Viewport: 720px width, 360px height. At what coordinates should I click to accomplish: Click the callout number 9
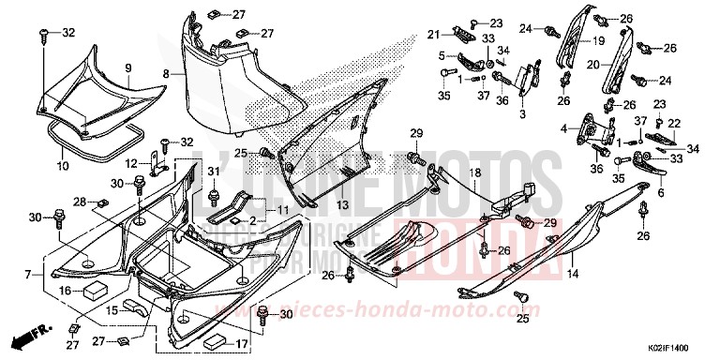pyautogui.click(x=128, y=67)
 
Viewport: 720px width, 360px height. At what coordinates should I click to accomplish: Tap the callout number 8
pyautogui.click(x=165, y=72)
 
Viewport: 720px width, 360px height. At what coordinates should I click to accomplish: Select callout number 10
pyautogui.click(x=63, y=166)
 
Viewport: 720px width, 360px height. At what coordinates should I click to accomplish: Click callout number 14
pyautogui.click(x=573, y=274)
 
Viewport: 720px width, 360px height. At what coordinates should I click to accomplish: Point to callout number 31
pyautogui.click(x=213, y=171)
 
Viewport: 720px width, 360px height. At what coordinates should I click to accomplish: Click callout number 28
pyautogui.click(x=80, y=202)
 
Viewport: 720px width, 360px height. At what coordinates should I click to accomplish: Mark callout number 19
pyautogui.click(x=597, y=41)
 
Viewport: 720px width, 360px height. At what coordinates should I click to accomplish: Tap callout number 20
pyautogui.click(x=593, y=65)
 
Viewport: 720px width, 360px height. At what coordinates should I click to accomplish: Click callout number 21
pyautogui.click(x=433, y=35)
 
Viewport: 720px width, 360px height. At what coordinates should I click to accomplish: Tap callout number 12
pyautogui.click(x=132, y=163)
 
